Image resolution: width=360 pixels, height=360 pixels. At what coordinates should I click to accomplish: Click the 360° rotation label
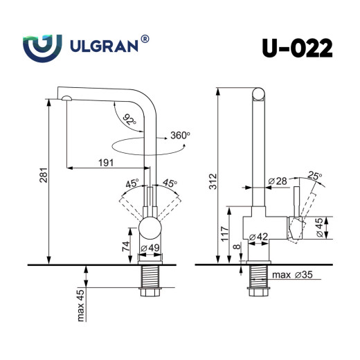click(x=179, y=136)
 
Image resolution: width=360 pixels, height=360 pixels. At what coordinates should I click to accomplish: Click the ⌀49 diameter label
click(x=151, y=249)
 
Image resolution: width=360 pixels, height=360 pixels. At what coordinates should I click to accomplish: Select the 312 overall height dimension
click(x=213, y=181)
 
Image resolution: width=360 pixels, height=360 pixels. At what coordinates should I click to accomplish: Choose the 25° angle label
click(x=315, y=177)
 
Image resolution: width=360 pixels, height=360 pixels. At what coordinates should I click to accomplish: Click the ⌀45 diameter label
click(x=319, y=228)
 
